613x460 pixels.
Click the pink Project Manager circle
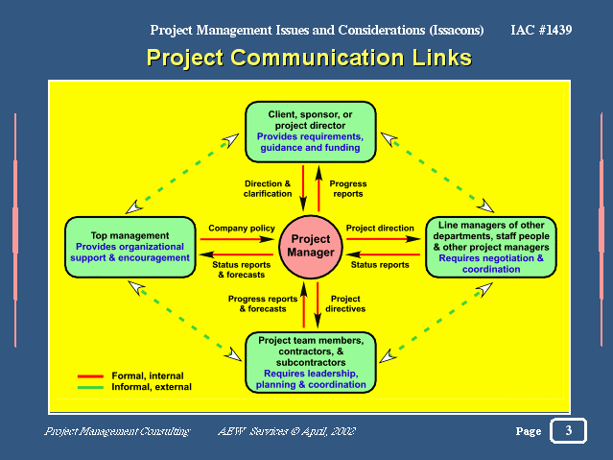pos(311,247)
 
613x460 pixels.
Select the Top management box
pos(130,247)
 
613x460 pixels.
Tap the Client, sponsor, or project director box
pos(311,132)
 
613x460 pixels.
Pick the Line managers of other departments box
pos(491,247)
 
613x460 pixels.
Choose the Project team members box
pos(311,362)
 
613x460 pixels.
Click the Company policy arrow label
pos(242,229)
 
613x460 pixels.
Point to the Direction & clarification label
pos(268,188)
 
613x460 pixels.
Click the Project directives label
pos(345,303)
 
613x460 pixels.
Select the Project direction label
pos(380,229)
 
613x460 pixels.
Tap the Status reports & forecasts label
pos(241,270)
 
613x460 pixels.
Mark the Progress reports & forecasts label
pos(263,303)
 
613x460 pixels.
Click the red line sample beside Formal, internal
pos(90,376)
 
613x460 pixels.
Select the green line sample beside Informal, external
pos(90,388)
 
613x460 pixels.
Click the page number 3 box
pos(569,430)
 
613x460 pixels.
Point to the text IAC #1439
pos(541,30)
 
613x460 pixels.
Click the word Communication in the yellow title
pos(318,58)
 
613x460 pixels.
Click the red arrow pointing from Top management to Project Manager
pos(237,239)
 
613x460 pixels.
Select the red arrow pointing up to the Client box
pos(318,188)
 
